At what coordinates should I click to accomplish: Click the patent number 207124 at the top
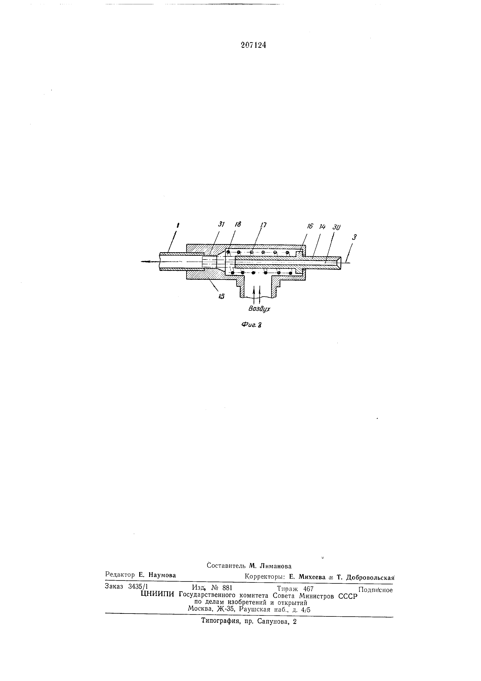253,45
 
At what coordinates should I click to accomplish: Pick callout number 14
322,227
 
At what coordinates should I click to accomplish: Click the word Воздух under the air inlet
260,309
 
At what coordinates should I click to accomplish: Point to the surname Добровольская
370,578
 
